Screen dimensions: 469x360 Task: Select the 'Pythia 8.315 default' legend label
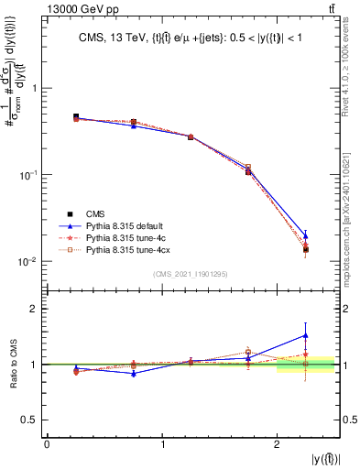[x=124, y=224]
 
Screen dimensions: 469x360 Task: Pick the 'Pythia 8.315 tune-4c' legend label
[x=124, y=236]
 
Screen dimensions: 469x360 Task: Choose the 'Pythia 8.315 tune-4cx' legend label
[x=125, y=248]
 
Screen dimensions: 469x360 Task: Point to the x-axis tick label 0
[x=47, y=444]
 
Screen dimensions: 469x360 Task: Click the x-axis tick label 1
[x=162, y=444]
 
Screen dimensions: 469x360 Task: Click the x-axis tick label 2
[x=278, y=444]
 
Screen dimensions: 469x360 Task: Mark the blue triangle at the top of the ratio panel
[x=306, y=335]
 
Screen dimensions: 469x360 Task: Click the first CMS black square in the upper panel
[x=76, y=117]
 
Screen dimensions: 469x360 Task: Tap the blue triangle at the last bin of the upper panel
[x=306, y=236]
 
